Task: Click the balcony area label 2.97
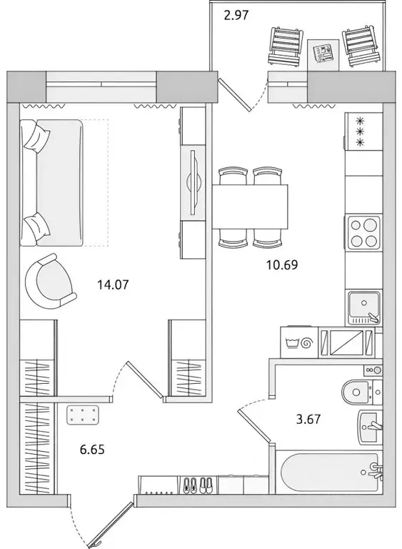[236, 15]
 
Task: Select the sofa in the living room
[53, 182]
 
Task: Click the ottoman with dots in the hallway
[84, 415]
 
